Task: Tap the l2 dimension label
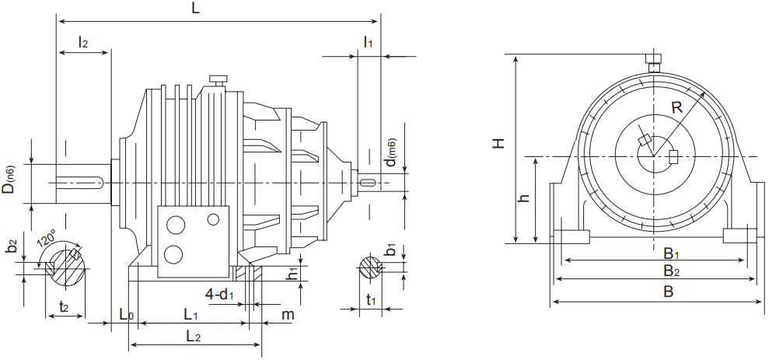[x=82, y=42]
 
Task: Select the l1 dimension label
[x=368, y=42]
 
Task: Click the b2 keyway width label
[x=12, y=246]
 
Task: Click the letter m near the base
[x=288, y=314]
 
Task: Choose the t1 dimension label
[x=371, y=301]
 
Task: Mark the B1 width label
[x=672, y=253]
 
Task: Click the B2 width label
[x=672, y=271]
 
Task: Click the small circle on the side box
[x=213, y=220]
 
